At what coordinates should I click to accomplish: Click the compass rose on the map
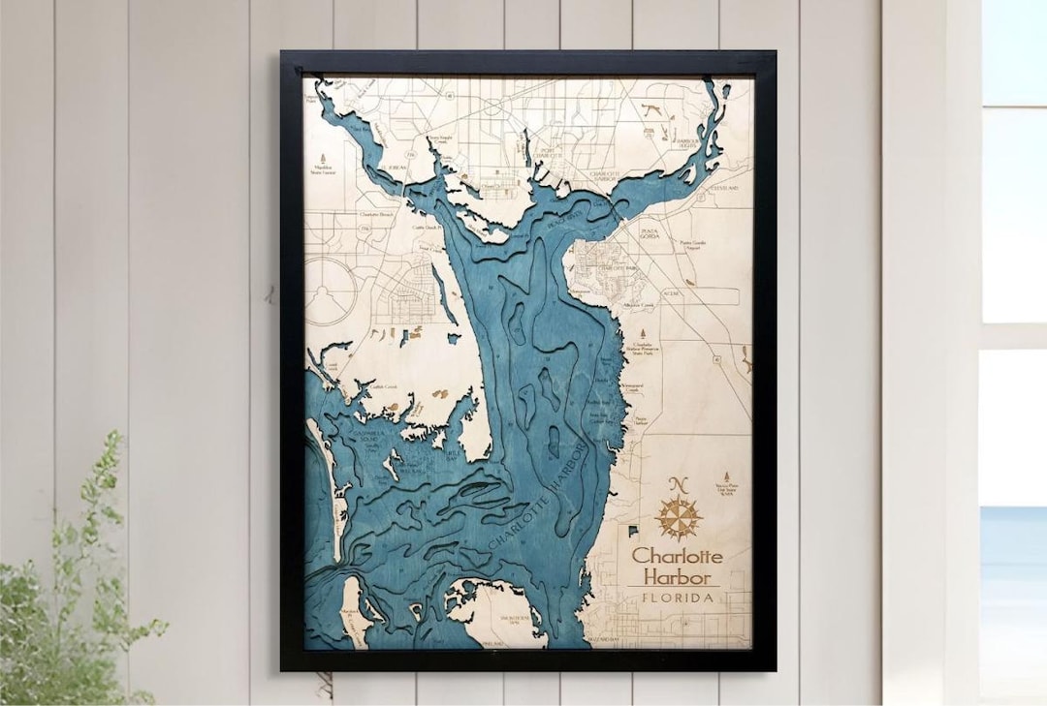click(678, 517)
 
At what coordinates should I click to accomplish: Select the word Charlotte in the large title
click(678, 557)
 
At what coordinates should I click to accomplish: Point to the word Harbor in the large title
click(678, 577)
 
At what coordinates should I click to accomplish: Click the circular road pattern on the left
click(328, 290)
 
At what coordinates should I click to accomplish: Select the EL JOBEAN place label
click(390, 168)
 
